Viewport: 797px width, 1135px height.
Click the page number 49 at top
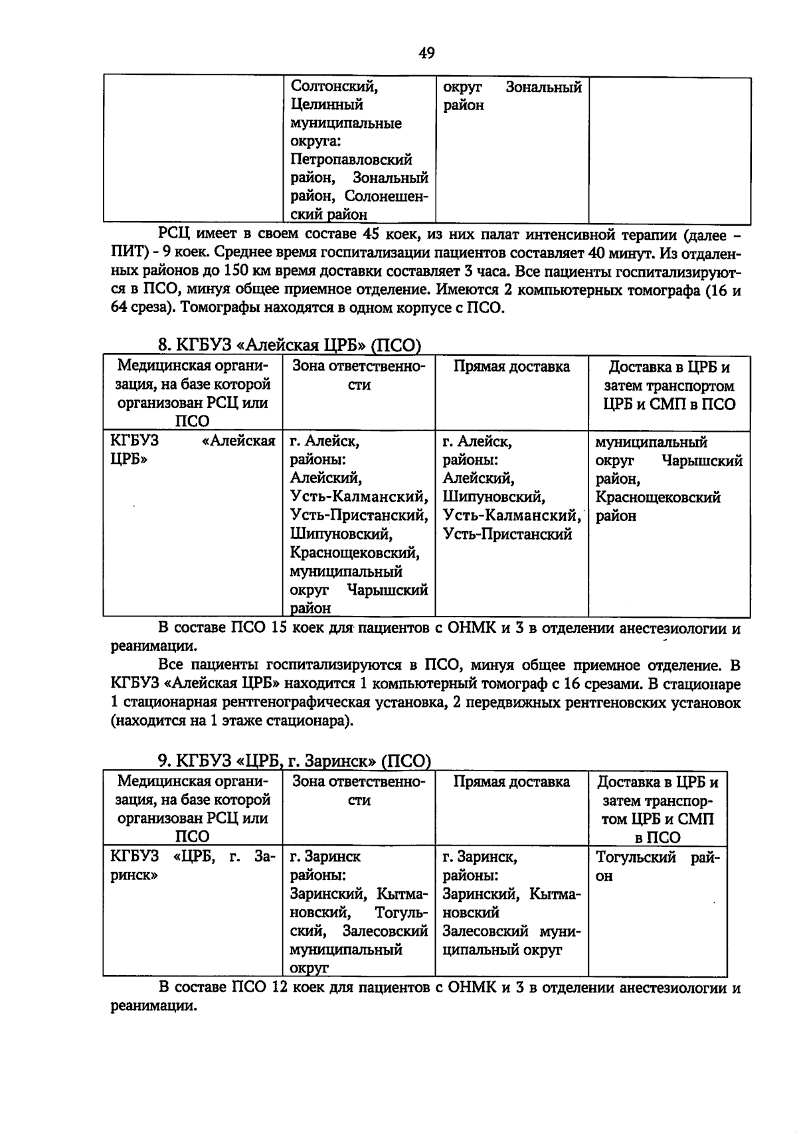point(426,53)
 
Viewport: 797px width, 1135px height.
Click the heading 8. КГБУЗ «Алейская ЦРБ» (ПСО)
point(290,345)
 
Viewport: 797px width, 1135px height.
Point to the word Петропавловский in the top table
point(351,160)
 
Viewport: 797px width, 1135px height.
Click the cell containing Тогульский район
point(658,866)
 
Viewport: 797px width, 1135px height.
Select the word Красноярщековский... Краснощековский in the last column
point(658,498)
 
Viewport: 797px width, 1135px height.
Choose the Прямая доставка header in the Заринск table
point(511,782)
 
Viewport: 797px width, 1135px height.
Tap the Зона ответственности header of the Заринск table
point(359,791)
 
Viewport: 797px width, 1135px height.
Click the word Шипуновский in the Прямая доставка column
point(493,497)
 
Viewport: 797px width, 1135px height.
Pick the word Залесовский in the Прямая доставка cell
point(485,931)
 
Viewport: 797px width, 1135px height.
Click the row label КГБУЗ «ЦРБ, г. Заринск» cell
point(192,866)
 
